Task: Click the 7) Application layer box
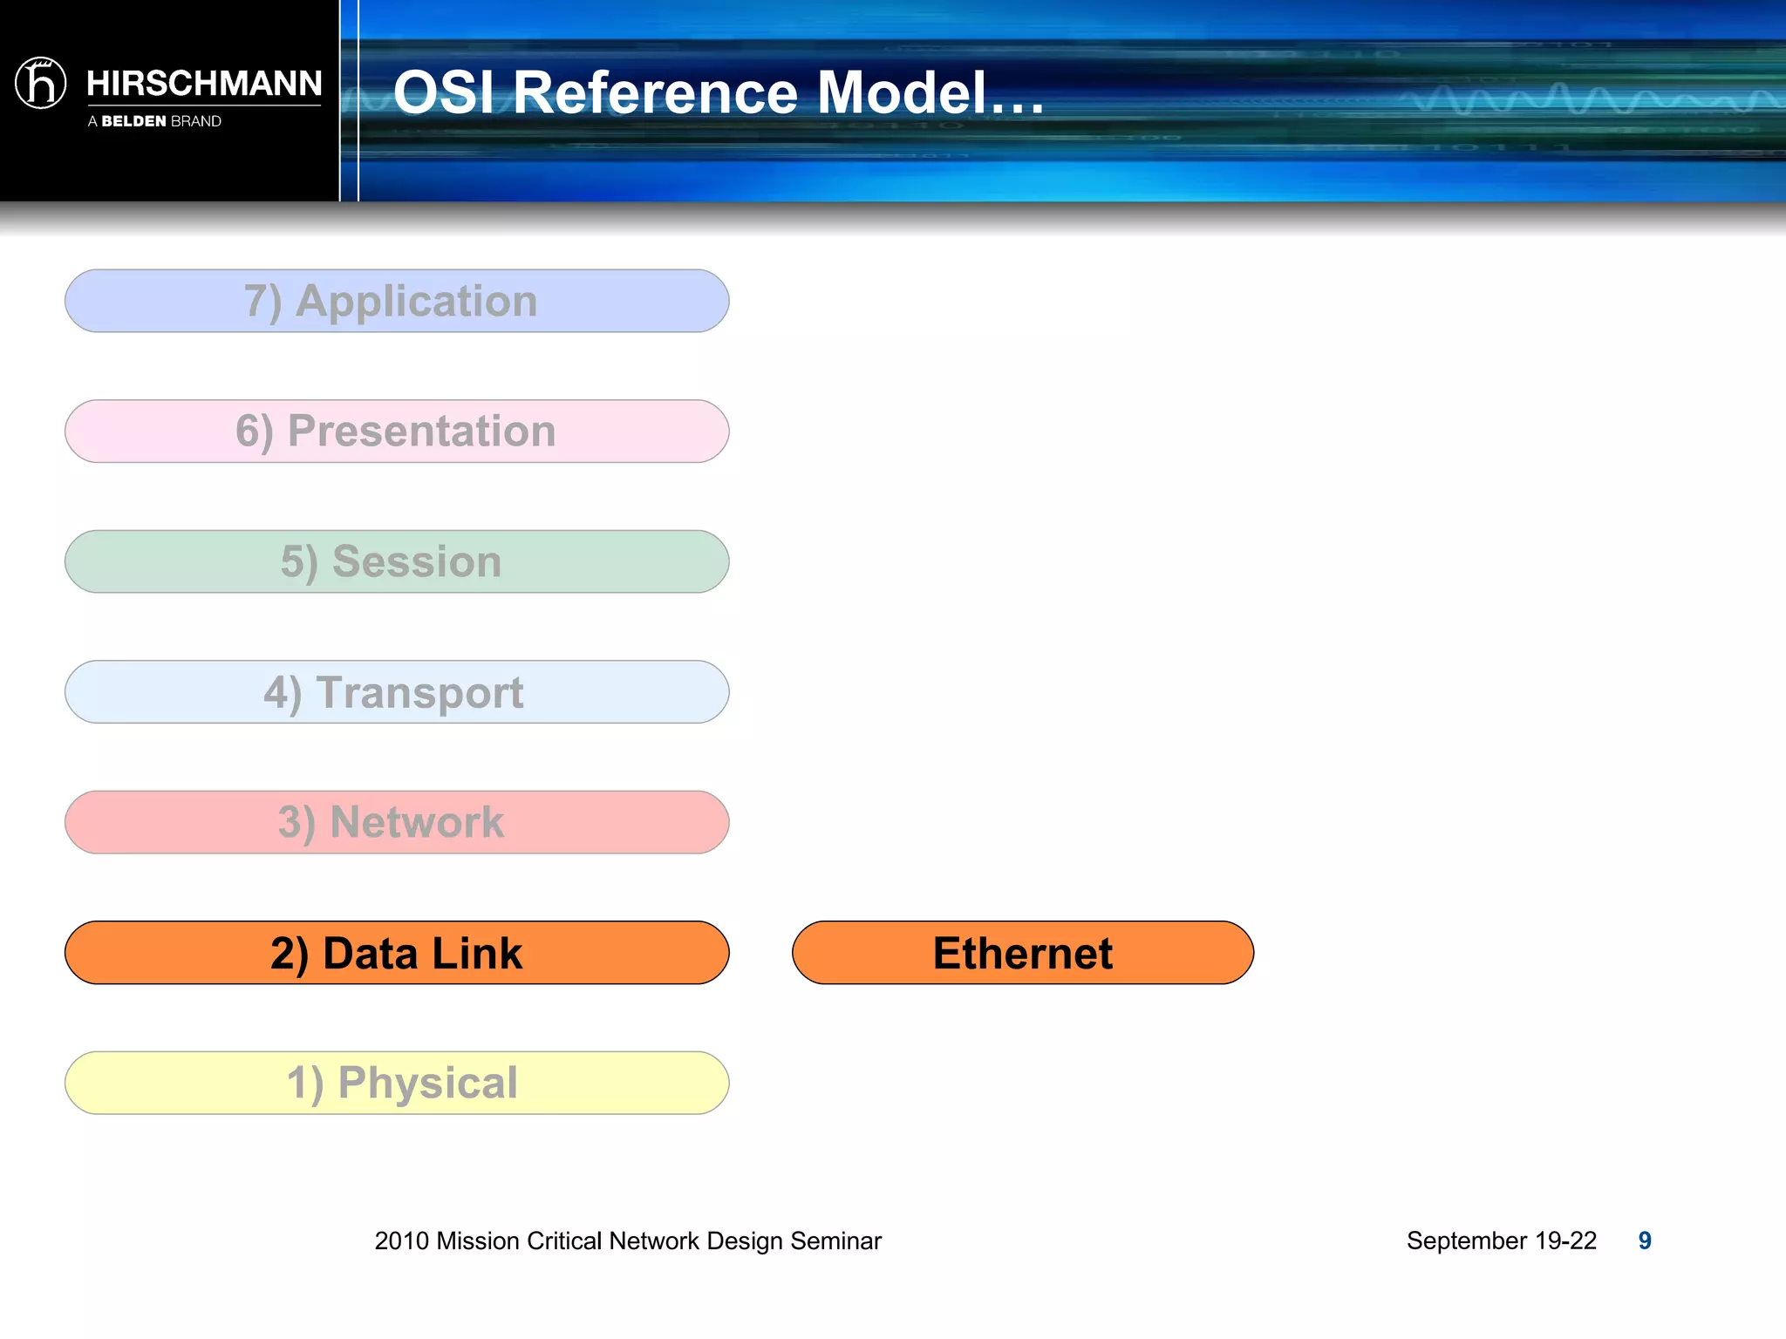(397, 301)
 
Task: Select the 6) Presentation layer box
(397, 432)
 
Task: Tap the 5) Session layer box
(397, 561)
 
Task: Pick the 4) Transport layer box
(397, 692)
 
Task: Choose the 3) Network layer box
(397, 822)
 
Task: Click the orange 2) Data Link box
(397, 953)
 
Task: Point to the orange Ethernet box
(1022, 953)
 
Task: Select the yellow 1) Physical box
(397, 1083)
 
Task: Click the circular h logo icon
(40, 83)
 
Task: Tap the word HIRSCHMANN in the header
(204, 84)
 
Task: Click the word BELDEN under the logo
(133, 121)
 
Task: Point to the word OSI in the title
(444, 92)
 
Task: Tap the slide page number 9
(1645, 1240)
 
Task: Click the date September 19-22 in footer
(1501, 1240)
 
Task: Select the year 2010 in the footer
(401, 1240)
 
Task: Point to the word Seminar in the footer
(835, 1240)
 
